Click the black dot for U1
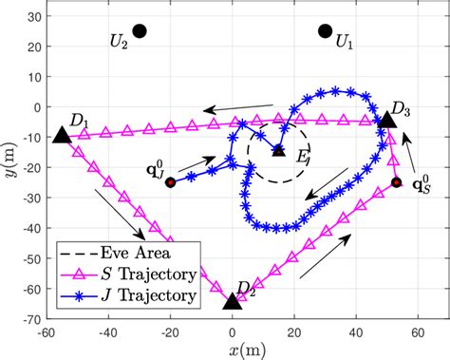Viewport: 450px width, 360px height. point(326,32)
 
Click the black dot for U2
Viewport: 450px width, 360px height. point(140,31)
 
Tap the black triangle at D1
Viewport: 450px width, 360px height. point(62,136)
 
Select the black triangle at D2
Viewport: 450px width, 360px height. point(232,301)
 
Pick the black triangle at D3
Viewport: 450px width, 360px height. point(387,120)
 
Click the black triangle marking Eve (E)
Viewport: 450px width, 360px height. point(278,149)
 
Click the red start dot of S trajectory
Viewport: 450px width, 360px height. point(397,182)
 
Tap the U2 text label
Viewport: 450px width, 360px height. point(118,43)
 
